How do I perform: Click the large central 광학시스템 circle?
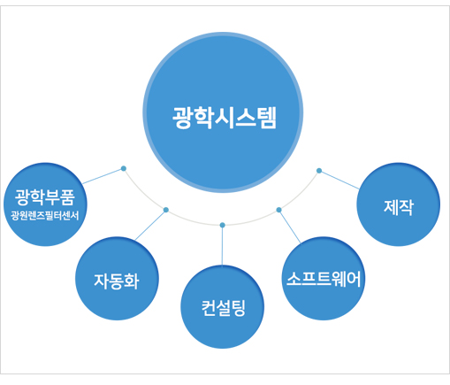click(223, 112)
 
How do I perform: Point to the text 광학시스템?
click(225, 118)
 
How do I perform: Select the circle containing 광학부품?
click(45, 204)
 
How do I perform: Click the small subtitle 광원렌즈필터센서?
click(45, 216)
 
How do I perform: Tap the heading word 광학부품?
click(45, 197)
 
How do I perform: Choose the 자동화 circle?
click(117, 278)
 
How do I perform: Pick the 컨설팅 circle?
click(222, 306)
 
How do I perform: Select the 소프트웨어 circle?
click(324, 278)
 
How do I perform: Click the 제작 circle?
click(398, 204)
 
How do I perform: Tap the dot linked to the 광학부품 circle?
click(124, 168)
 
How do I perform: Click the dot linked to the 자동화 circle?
click(166, 210)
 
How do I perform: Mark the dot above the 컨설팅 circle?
click(223, 225)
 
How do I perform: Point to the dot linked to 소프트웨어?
click(278, 210)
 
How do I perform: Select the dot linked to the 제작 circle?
click(319, 171)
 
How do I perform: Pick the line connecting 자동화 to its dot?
click(150, 225)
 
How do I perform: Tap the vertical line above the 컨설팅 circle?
click(223, 246)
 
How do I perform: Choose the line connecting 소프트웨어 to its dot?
click(290, 227)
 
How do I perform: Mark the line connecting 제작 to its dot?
click(339, 180)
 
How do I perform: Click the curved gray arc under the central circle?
click(223, 225)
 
